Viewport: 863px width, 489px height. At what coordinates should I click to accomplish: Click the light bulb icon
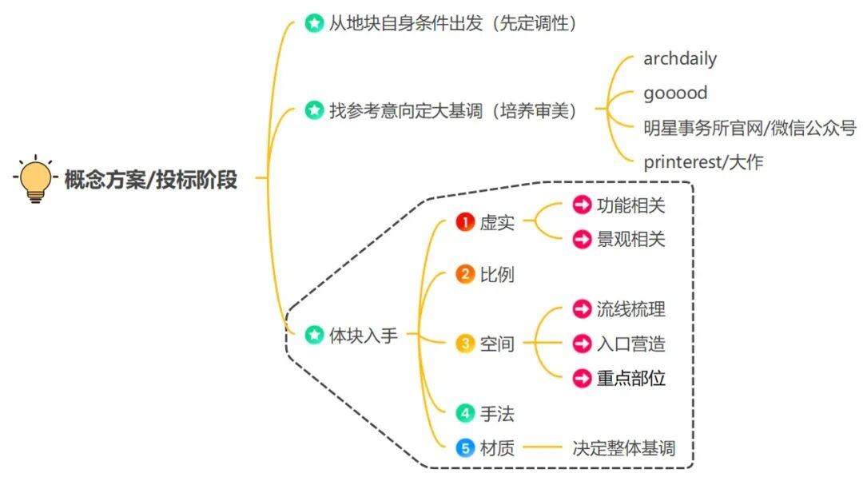(x=34, y=180)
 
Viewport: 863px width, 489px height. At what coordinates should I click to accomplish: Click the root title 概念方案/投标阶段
(x=151, y=180)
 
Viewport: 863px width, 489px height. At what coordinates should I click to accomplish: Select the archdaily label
(x=680, y=58)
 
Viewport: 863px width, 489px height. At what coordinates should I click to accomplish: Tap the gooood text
(x=675, y=93)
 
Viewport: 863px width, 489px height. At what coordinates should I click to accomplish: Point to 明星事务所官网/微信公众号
(x=750, y=127)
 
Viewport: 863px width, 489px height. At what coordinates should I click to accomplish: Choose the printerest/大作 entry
(x=703, y=162)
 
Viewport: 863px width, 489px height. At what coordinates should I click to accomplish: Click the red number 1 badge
(x=465, y=222)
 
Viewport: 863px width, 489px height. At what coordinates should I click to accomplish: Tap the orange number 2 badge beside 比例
(x=465, y=275)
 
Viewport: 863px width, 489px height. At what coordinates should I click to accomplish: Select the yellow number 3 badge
(x=465, y=344)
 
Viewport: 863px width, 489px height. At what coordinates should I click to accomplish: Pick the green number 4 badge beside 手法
(x=465, y=413)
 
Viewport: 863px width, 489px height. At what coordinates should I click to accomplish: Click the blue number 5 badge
(x=465, y=448)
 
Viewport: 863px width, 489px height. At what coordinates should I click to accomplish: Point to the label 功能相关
(x=630, y=205)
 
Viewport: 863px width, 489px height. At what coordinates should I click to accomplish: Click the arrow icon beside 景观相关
(x=582, y=239)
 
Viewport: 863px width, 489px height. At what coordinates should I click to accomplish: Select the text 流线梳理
(x=630, y=309)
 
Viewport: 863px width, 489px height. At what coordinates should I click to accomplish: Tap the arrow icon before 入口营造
(x=582, y=344)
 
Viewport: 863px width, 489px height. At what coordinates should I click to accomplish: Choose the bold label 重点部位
(x=630, y=378)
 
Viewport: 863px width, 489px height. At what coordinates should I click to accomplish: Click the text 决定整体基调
(x=623, y=448)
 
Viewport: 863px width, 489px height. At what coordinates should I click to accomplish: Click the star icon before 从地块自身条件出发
(x=314, y=23)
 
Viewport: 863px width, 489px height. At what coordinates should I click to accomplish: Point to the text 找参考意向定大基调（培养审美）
(x=452, y=111)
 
